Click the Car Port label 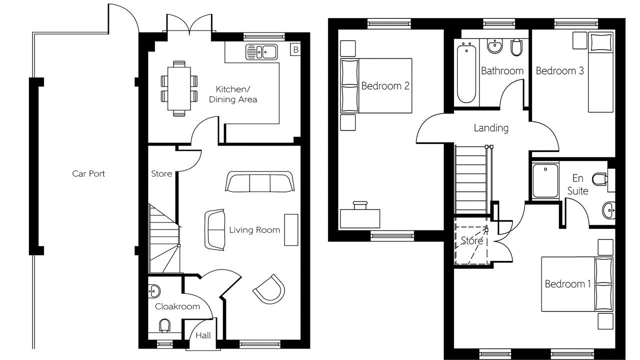[x=88, y=173]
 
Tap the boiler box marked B [x=295, y=49]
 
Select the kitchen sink [x=261, y=51]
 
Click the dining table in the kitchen [x=179, y=88]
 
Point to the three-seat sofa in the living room [x=259, y=181]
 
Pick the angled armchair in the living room [x=269, y=289]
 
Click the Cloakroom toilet [x=164, y=326]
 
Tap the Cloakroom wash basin [x=153, y=291]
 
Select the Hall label [x=203, y=335]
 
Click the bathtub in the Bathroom [x=466, y=73]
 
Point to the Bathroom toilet [x=516, y=47]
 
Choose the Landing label [x=491, y=127]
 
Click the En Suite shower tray [x=545, y=180]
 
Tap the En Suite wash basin [x=609, y=210]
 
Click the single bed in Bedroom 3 [x=600, y=72]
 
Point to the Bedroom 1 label [x=567, y=284]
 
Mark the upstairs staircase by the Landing [x=471, y=179]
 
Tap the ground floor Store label [x=161, y=173]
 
